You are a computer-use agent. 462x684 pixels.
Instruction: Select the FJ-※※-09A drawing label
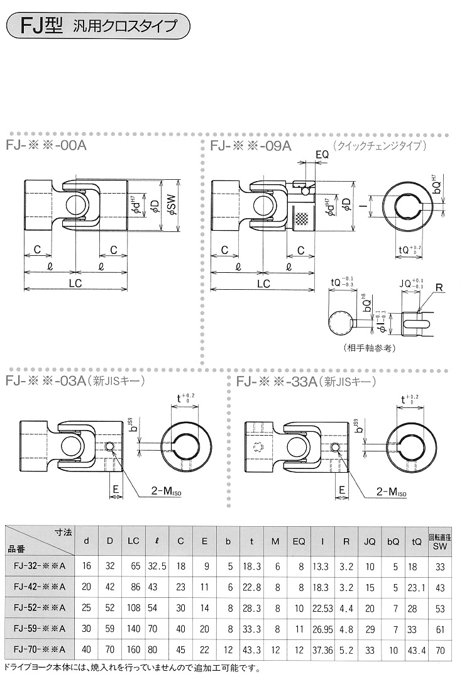click(x=251, y=146)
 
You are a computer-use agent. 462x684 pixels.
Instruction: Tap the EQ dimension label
click(x=321, y=154)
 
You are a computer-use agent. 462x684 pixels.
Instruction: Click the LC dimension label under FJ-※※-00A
click(x=75, y=284)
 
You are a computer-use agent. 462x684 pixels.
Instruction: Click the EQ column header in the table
click(x=299, y=541)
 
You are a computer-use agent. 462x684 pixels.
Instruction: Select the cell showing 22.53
click(x=322, y=610)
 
